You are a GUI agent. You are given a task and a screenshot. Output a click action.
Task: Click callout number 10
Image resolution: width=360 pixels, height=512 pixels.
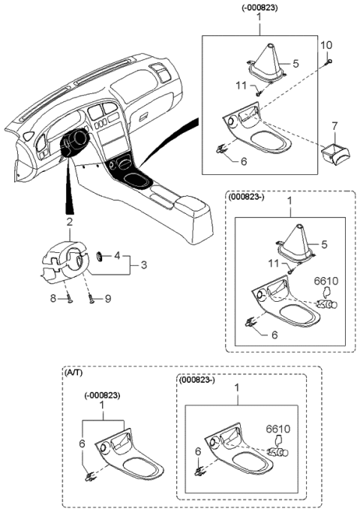click(x=327, y=47)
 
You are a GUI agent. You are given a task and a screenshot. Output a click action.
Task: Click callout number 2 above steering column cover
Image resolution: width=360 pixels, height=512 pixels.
click(x=69, y=221)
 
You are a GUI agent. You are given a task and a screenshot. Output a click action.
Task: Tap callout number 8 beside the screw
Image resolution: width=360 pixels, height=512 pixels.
click(x=54, y=298)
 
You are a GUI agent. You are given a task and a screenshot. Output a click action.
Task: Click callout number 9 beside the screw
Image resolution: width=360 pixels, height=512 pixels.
click(x=107, y=299)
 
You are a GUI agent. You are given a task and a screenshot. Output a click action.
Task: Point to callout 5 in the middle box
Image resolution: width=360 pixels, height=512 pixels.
click(x=324, y=243)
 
